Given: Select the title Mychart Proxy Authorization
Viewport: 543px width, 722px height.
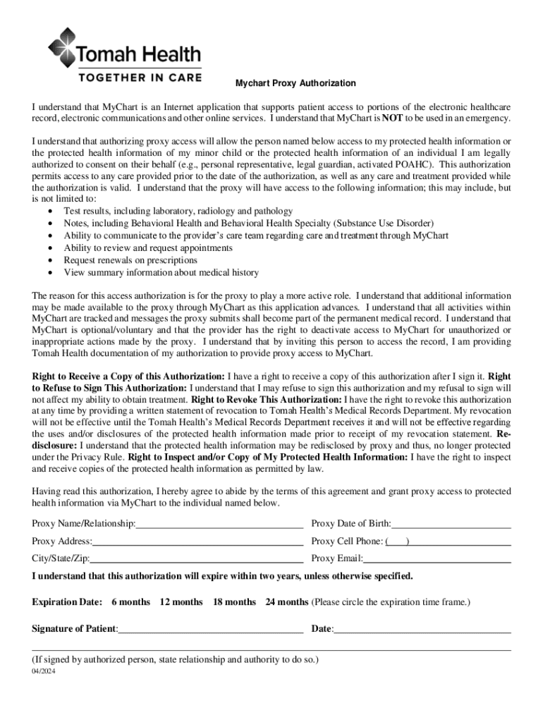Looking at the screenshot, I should coord(295,83).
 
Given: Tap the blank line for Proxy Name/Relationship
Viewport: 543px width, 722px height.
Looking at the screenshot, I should coord(220,524).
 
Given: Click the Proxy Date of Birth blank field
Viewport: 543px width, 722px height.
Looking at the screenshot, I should coord(451,524).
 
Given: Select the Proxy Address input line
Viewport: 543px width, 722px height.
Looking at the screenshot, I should coord(197,541).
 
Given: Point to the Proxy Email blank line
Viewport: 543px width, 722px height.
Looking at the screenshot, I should coord(437,559).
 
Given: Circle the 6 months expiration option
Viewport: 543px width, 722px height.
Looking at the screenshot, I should coord(130,602).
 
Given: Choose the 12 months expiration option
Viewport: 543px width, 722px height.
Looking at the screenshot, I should coord(181,602).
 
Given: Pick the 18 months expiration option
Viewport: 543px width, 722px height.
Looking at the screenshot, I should coord(234,602).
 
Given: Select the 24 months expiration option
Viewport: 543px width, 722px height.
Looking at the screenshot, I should coord(287,602).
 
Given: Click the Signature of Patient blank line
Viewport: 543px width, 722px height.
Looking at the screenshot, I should coord(211,629).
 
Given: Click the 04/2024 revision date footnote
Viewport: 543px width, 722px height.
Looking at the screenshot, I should coord(44,672).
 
